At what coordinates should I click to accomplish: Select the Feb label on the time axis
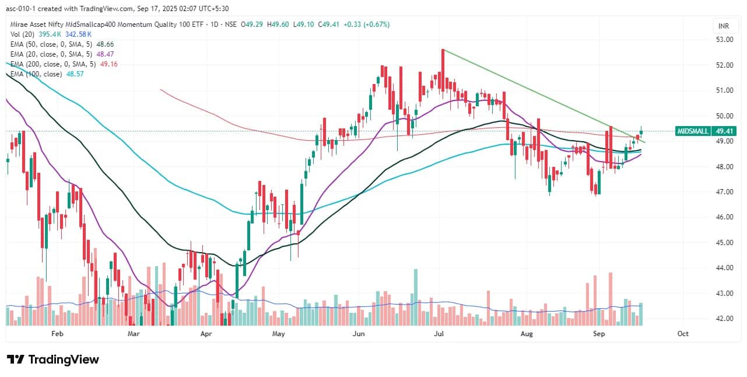pyautogui.click(x=57, y=334)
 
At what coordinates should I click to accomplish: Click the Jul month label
pyautogui.click(x=439, y=334)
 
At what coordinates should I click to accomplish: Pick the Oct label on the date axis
pyautogui.click(x=683, y=334)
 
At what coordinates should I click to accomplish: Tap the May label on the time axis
pyautogui.click(x=278, y=334)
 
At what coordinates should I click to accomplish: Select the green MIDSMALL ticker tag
pyautogui.click(x=691, y=131)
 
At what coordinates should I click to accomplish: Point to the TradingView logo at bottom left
pyautogui.click(x=52, y=359)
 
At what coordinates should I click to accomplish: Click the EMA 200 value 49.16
pyautogui.click(x=109, y=64)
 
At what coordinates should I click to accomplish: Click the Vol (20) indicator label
pyautogui.click(x=22, y=34)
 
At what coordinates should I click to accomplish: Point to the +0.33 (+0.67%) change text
pyautogui.click(x=367, y=25)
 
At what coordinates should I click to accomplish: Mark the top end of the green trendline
pyautogui.click(x=443, y=50)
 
